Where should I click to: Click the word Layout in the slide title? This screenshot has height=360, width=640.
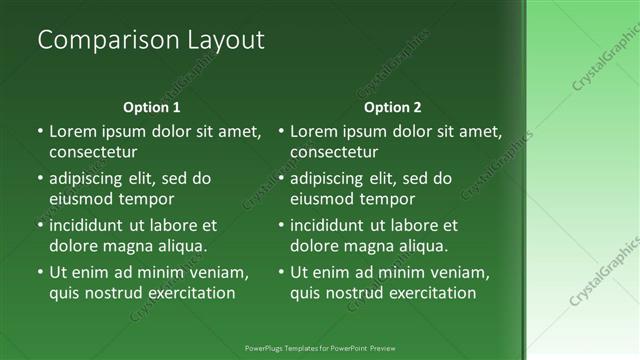226,40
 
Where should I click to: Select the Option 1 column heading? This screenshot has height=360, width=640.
152,107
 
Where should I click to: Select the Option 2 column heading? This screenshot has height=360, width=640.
393,107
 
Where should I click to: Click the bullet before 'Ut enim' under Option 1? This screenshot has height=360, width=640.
39,271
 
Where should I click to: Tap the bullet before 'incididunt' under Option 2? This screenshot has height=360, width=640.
281,226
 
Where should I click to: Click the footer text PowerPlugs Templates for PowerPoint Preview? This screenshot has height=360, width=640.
320,348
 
